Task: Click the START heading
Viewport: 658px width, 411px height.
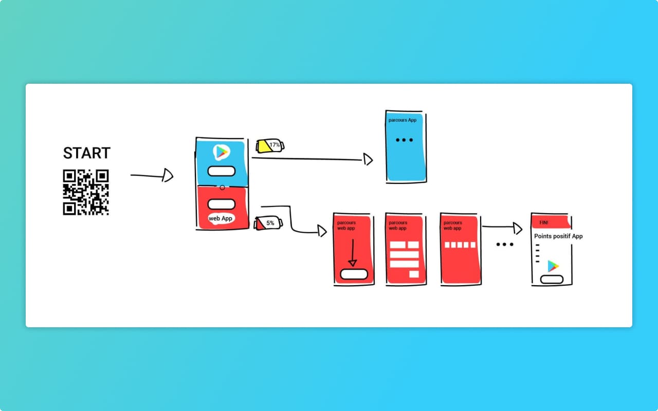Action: [x=86, y=153]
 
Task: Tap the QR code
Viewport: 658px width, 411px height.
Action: [x=86, y=192]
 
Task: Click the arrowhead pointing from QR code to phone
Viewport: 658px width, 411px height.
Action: [x=167, y=176]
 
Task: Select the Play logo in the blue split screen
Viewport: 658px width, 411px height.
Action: [x=221, y=152]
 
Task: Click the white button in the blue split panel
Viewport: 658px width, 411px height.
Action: [x=221, y=171]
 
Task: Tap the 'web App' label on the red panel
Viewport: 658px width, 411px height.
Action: [x=221, y=218]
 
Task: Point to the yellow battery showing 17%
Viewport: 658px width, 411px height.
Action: [x=270, y=145]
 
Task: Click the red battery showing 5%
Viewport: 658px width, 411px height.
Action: [x=268, y=223]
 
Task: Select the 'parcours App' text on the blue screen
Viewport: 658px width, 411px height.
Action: [x=403, y=120]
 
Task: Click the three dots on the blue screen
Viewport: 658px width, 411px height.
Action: [x=404, y=140]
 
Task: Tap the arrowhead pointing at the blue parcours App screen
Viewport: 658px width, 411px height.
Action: [x=368, y=160]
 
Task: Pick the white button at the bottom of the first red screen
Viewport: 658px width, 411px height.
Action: [x=354, y=274]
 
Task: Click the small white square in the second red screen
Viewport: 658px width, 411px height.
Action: [x=414, y=274]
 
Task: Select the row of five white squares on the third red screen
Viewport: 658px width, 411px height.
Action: [x=460, y=245]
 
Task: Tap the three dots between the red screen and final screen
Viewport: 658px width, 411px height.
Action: [x=505, y=245]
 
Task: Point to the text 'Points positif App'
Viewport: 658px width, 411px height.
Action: [x=558, y=236]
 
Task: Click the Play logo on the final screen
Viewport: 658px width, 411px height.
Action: [x=553, y=266]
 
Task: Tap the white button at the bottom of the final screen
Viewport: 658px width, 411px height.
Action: [x=552, y=279]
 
